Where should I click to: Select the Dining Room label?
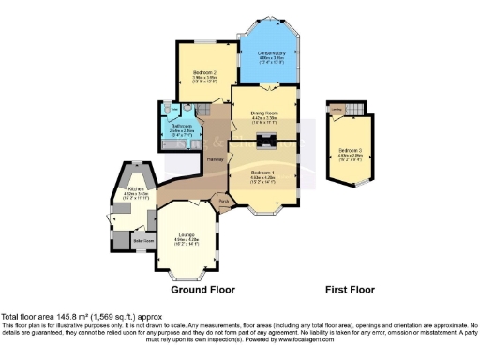[x=263, y=112]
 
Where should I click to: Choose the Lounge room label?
[x=185, y=234]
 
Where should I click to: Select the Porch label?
[x=223, y=201]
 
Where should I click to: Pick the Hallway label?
[x=214, y=158]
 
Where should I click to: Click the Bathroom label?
[x=182, y=125]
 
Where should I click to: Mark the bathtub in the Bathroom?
[x=180, y=144]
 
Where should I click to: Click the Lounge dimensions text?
[x=185, y=242]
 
